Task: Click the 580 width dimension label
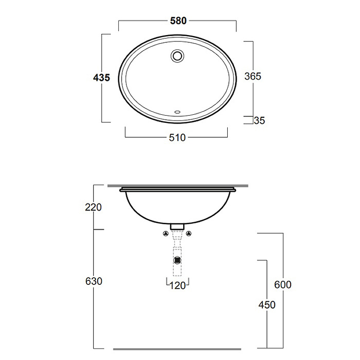click(x=178, y=21)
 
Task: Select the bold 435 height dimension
click(x=102, y=77)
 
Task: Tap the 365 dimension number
click(x=253, y=76)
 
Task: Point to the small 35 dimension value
click(x=260, y=121)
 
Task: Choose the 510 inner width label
click(x=177, y=138)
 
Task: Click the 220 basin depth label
click(x=93, y=207)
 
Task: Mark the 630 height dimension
click(x=94, y=281)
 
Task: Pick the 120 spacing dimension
click(x=177, y=286)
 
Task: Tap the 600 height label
click(x=283, y=285)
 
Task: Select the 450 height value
click(x=267, y=305)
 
